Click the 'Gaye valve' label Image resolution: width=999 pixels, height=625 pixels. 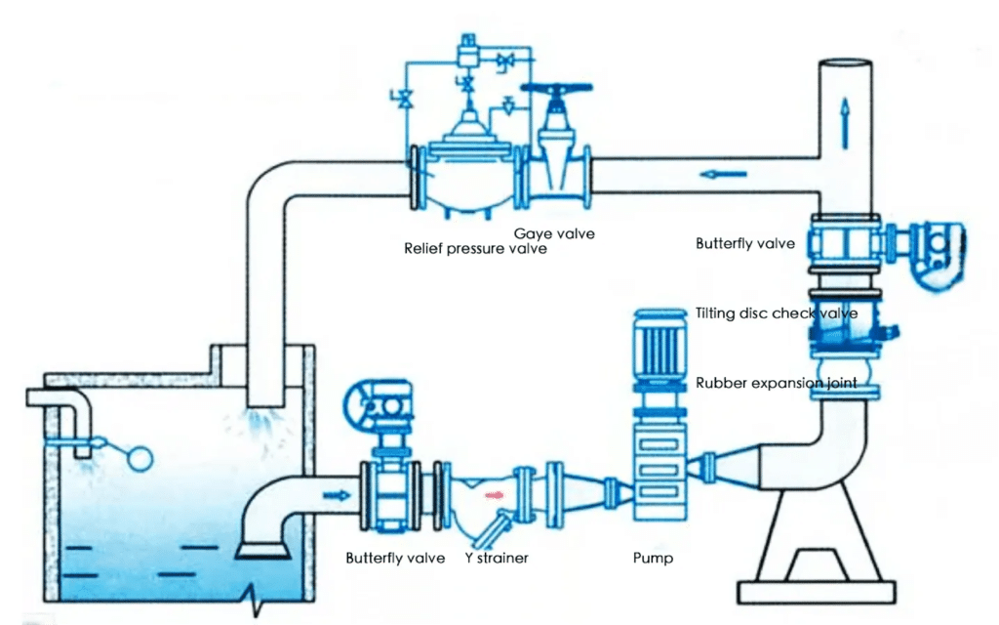[x=554, y=233]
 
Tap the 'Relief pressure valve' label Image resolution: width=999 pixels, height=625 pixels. [x=475, y=248]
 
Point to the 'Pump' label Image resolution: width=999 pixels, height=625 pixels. [x=653, y=559]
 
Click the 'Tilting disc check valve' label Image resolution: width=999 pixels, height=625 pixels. [x=777, y=313]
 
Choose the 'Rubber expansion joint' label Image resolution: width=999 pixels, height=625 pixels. [x=777, y=383]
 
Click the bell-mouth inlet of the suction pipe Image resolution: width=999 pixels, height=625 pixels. [x=262, y=550]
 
